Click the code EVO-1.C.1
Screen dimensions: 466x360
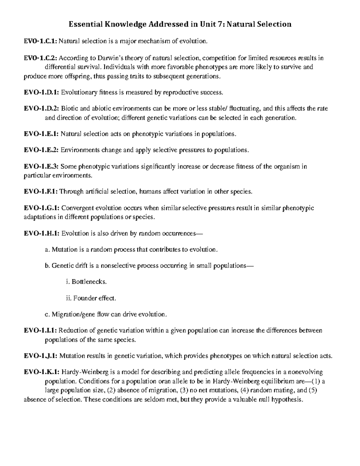point(40,41)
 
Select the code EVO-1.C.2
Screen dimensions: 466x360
point(40,58)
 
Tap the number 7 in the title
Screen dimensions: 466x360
point(222,24)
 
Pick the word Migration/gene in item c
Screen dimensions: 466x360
point(74,314)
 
